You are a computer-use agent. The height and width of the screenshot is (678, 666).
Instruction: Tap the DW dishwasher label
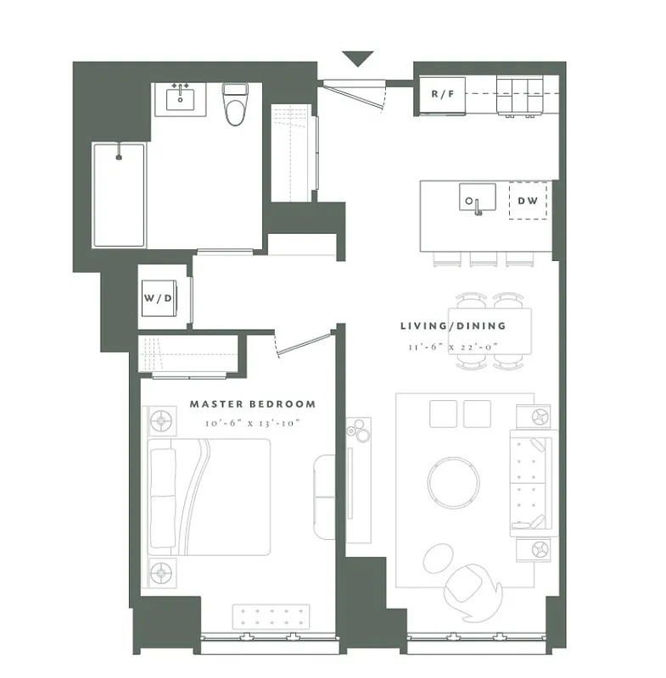click(x=527, y=202)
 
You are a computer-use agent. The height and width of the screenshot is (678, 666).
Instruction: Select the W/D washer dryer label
click(x=160, y=298)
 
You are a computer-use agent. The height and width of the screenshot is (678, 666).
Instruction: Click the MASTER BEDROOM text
click(x=252, y=405)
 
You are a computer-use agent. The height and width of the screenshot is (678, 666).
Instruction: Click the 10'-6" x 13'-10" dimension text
click(x=252, y=422)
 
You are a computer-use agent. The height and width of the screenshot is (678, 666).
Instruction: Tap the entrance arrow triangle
click(x=359, y=59)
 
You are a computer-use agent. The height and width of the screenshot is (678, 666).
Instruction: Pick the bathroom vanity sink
click(x=180, y=97)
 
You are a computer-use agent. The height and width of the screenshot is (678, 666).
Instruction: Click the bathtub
click(x=119, y=195)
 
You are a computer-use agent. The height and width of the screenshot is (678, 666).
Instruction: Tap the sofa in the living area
click(x=530, y=483)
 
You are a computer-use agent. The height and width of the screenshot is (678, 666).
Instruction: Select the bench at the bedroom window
click(x=274, y=616)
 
